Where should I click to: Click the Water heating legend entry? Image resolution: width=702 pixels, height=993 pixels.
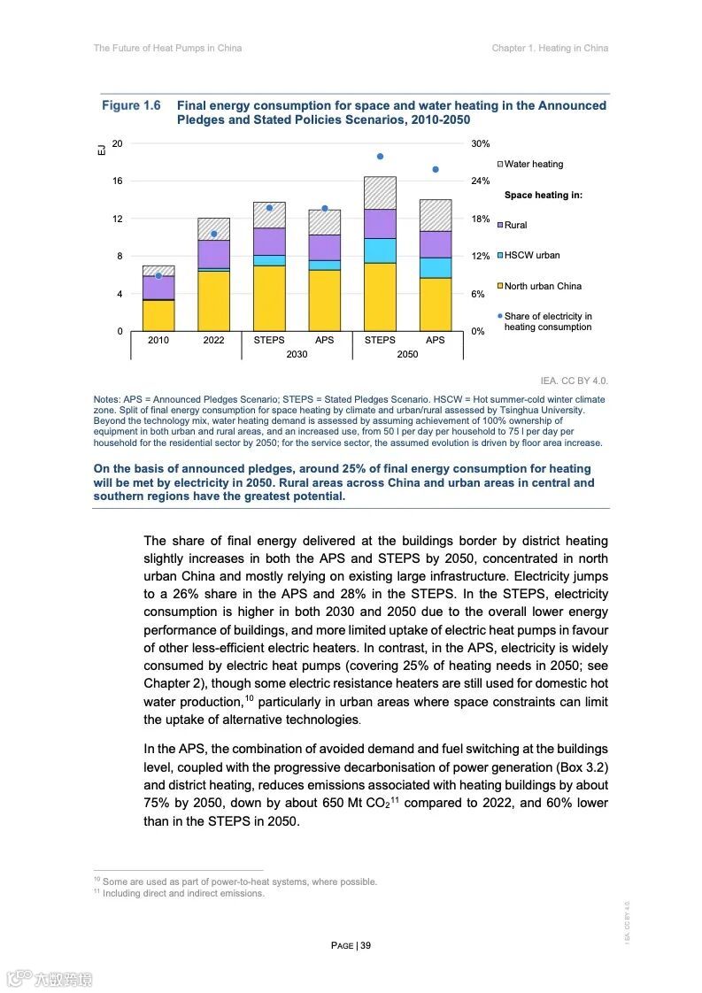(533, 164)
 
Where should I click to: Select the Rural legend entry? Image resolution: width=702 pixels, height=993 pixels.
(515, 225)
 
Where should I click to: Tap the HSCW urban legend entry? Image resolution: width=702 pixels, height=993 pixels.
(531, 256)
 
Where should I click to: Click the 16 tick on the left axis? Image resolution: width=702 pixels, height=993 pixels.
(117, 181)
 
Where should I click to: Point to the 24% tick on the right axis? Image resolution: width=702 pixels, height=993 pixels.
(480, 181)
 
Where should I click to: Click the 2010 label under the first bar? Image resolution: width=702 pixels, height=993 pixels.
(158, 340)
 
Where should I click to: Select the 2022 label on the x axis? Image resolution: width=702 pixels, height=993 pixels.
(213, 340)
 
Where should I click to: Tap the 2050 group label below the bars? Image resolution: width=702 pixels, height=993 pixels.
(407, 353)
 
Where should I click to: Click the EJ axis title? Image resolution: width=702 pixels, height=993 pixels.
(100, 150)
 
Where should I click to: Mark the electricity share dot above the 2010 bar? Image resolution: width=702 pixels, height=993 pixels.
(158, 276)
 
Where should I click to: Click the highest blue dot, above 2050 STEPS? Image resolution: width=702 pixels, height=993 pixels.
(380, 157)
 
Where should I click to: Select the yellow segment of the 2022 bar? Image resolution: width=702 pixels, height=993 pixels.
(213, 301)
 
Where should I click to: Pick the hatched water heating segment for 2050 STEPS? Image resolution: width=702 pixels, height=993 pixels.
(380, 193)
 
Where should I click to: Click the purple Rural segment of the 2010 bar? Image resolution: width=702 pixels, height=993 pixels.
(158, 288)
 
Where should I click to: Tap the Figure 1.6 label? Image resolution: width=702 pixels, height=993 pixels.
(131, 106)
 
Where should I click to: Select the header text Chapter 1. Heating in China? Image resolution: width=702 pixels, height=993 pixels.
(550, 48)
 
